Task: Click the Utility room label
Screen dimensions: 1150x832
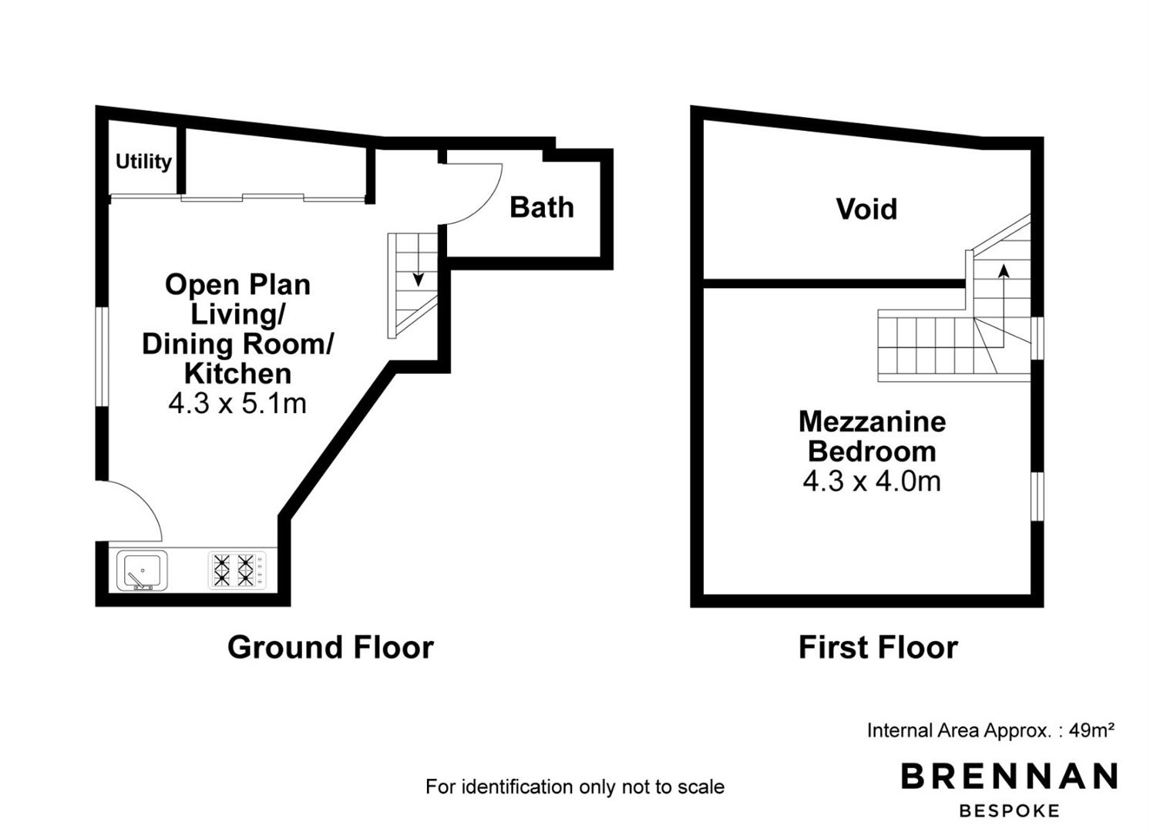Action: [x=143, y=162]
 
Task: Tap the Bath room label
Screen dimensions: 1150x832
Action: [x=542, y=207]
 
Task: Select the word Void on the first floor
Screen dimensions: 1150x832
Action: [x=866, y=209]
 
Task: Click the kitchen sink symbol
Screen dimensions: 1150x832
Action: [x=143, y=571]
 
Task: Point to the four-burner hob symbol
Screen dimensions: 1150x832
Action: [x=237, y=570]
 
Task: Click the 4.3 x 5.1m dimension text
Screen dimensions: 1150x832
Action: [x=237, y=404]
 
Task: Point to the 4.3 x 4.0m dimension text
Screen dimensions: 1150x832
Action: [x=872, y=481]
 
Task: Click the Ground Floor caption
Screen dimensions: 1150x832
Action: [x=331, y=647]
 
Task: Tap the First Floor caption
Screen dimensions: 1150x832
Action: [x=878, y=647]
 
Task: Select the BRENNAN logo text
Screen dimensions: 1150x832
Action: [x=1009, y=776]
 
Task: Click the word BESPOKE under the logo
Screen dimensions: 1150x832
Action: [x=1009, y=811]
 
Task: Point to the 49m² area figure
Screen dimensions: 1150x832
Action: [x=1091, y=730]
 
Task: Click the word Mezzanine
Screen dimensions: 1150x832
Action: [x=873, y=422]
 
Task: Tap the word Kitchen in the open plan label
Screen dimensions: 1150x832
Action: [x=237, y=374]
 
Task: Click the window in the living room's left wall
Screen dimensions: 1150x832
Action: [x=103, y=357]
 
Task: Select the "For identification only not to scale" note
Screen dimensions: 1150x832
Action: [x=575, y=787]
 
